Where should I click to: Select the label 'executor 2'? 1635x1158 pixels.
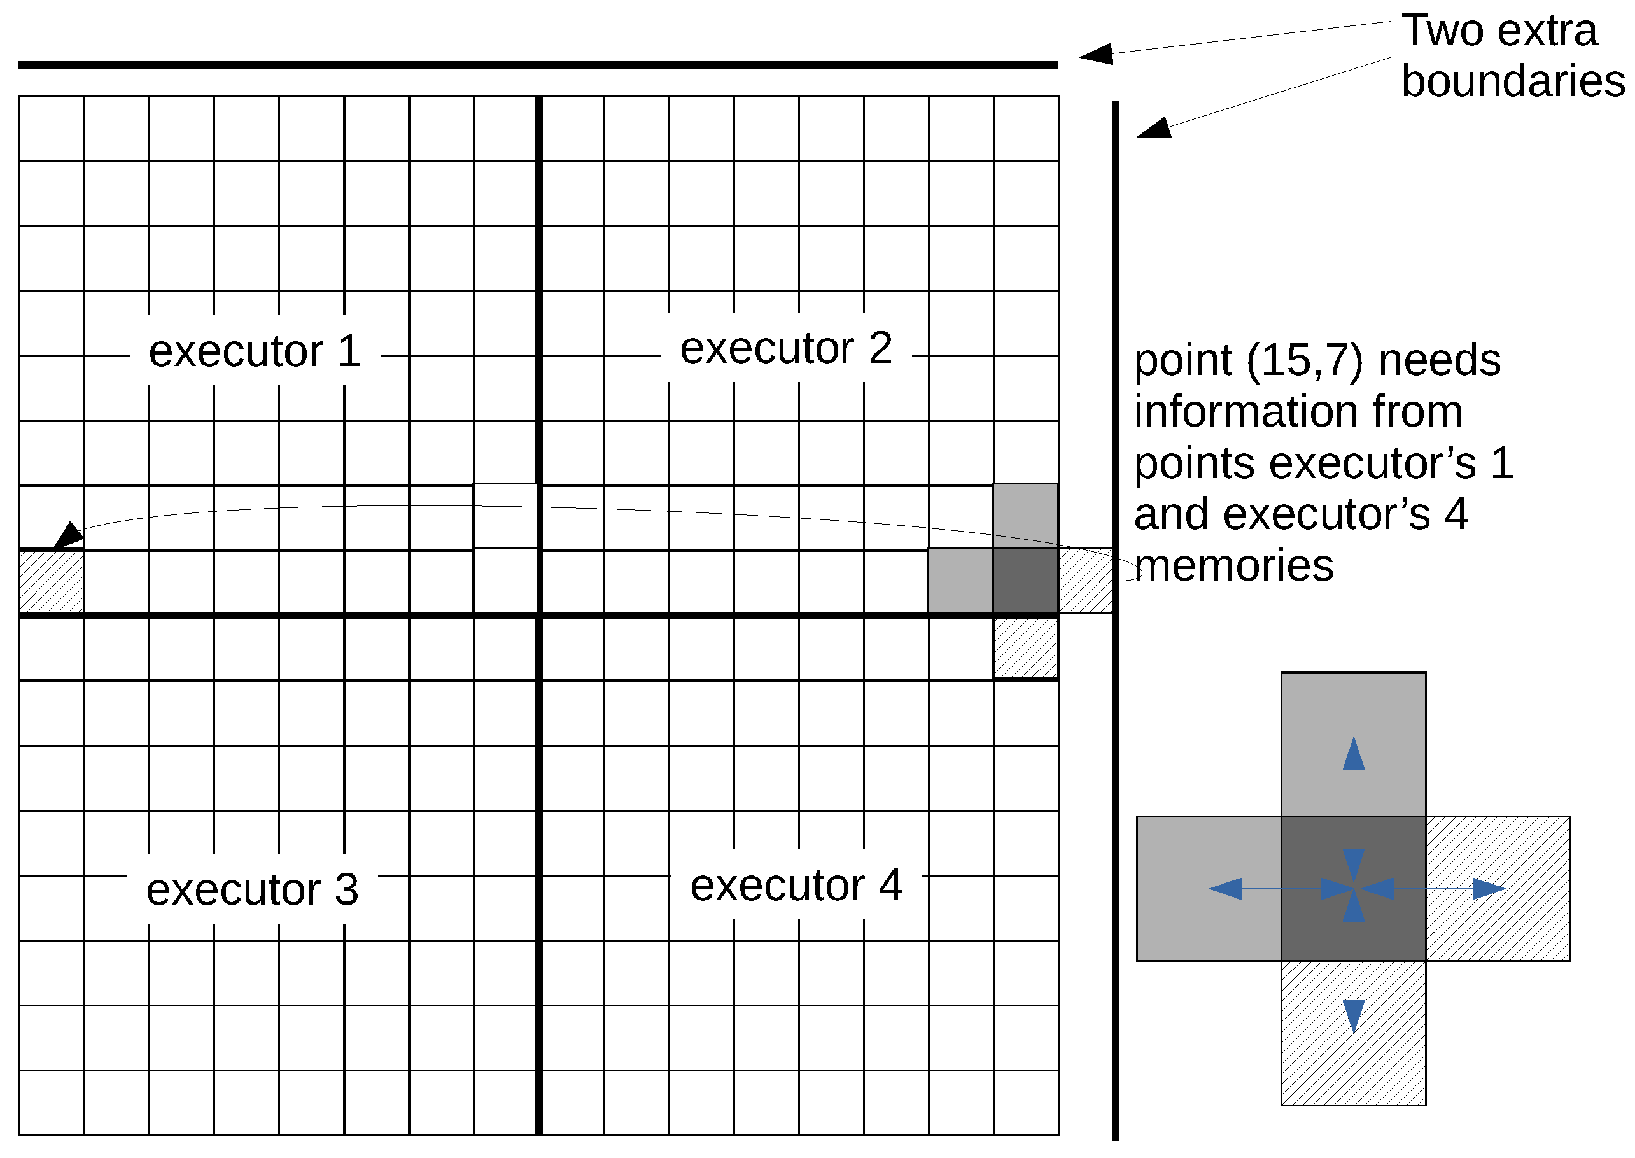[785, 348]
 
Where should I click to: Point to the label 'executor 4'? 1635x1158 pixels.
[796, 885]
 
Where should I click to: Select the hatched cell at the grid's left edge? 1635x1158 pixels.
[52, 581]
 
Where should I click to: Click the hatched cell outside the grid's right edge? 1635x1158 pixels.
[1084, 581]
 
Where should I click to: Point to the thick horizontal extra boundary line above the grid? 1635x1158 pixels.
[538, 65]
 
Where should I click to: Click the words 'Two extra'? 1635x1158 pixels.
[1498, 31]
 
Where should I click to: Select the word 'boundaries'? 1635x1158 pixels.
[1512, 81]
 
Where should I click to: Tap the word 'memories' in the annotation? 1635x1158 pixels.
[1233, 566]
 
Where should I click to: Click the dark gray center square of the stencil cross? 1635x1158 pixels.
[1353, 889]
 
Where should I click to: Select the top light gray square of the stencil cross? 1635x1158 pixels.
[1353, 744]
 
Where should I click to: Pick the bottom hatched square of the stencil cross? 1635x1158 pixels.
[1353, 1033]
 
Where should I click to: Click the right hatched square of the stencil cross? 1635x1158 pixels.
[1498, 889]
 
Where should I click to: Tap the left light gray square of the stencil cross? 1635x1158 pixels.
[1209, 889]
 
